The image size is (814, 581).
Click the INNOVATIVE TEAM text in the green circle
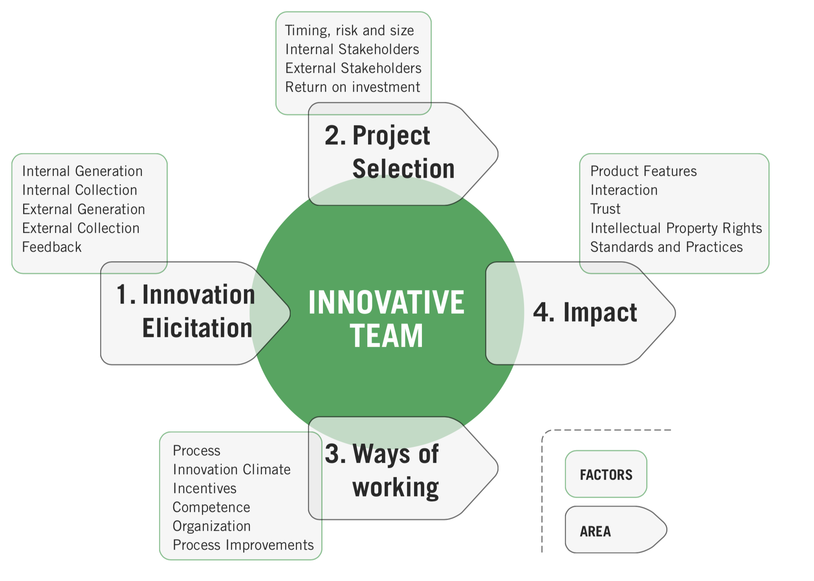pyautogui.click(x=387, y=319)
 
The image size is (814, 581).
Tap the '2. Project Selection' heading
pyautogui.click(x=390, y=152)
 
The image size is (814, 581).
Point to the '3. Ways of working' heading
pyautogui.click(x=382, y=471)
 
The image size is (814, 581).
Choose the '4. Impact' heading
pyautogui.click(x=585, y=313)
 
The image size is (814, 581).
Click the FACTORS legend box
pyautogui.click(x=606, y=474)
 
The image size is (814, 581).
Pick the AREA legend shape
pyautogui.click(x=616, y=530)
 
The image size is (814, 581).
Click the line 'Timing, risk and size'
pyautogui.click(x=350, y=31)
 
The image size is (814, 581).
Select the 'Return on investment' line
pyautogui.click(x=353, y=87)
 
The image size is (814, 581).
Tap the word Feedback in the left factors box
pyautogui.click(x=52, y=247)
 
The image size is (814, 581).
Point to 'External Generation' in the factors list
pyautogui.click(x=84, y=209)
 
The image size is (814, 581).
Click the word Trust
pyautogui.click(x=605, y=209)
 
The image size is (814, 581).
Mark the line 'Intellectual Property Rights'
pyautogui.click(x=676, y=228)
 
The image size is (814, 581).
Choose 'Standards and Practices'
pyautogui.click(x=667, y=247)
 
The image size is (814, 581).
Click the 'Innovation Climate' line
pyautogui.click(x=232, y=469)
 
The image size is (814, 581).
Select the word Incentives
pyautogui.click(x=205, y=488)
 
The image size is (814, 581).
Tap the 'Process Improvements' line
pyautogui.click(x=243, y=545)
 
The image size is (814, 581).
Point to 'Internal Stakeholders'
pyautogui.click(x=352, y=49)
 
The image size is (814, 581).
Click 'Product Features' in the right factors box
pyautogui.click(x=643, y=171)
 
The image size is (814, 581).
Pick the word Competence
pyautogui.click(x=211, y=507)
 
